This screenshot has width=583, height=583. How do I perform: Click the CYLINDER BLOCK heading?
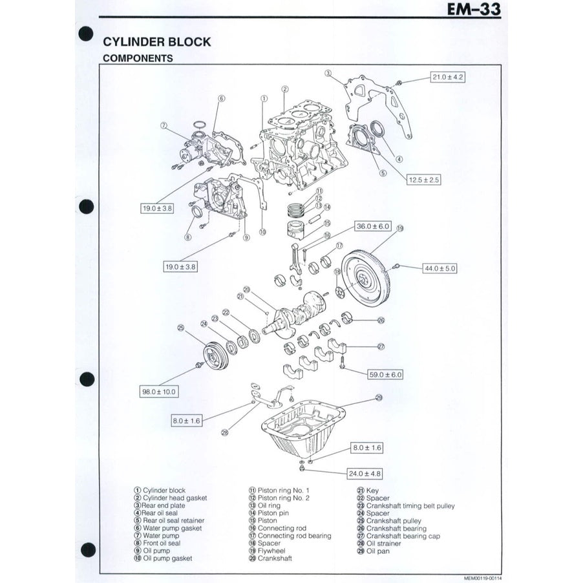click(x=157, y=42)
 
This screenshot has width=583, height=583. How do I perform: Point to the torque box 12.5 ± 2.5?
click(x=423, y=180)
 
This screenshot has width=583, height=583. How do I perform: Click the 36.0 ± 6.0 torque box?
click(x=373, y=226)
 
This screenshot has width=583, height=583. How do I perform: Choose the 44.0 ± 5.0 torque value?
click(x=439, y=268)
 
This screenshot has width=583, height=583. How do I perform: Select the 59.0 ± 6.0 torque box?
click(x=385, y=374)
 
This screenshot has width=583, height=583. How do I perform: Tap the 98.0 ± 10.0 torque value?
click(x=159, y=392)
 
